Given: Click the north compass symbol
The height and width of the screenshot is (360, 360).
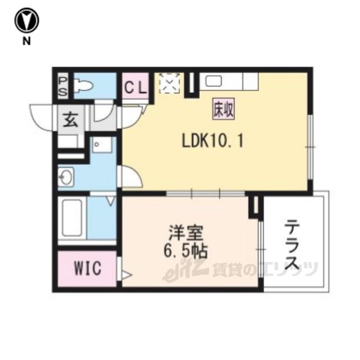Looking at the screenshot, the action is (27, 20).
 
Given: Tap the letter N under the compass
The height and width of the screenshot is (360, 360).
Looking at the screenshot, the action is (26, 41).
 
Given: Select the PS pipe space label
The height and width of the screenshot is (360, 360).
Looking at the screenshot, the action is (62, 87).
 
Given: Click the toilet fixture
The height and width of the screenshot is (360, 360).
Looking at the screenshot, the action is (83, 85).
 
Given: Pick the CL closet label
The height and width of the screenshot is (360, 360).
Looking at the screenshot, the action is (136, 88).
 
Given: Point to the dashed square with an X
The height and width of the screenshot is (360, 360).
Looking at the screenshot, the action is (169, 83).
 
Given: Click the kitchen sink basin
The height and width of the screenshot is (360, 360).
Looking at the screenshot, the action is (214, 81).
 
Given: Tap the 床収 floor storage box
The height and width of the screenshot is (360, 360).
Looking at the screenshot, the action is (223, 109).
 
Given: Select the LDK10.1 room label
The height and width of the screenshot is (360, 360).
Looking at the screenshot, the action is (213, 141).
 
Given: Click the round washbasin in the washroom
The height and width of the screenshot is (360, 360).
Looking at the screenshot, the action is (66, 177).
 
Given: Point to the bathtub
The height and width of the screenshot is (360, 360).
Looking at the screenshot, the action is (72, 218).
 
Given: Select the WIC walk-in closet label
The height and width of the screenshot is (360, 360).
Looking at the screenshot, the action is (88, 268).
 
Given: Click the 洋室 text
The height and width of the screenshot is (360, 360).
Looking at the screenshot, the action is (186, 232).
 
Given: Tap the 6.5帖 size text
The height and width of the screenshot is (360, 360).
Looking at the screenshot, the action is (186, 251).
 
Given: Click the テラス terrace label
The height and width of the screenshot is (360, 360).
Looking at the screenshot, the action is (292, 245).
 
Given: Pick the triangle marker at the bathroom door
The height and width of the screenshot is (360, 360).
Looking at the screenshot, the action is (111, 201).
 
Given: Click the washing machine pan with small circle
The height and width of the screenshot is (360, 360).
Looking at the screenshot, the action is (102, 145).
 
